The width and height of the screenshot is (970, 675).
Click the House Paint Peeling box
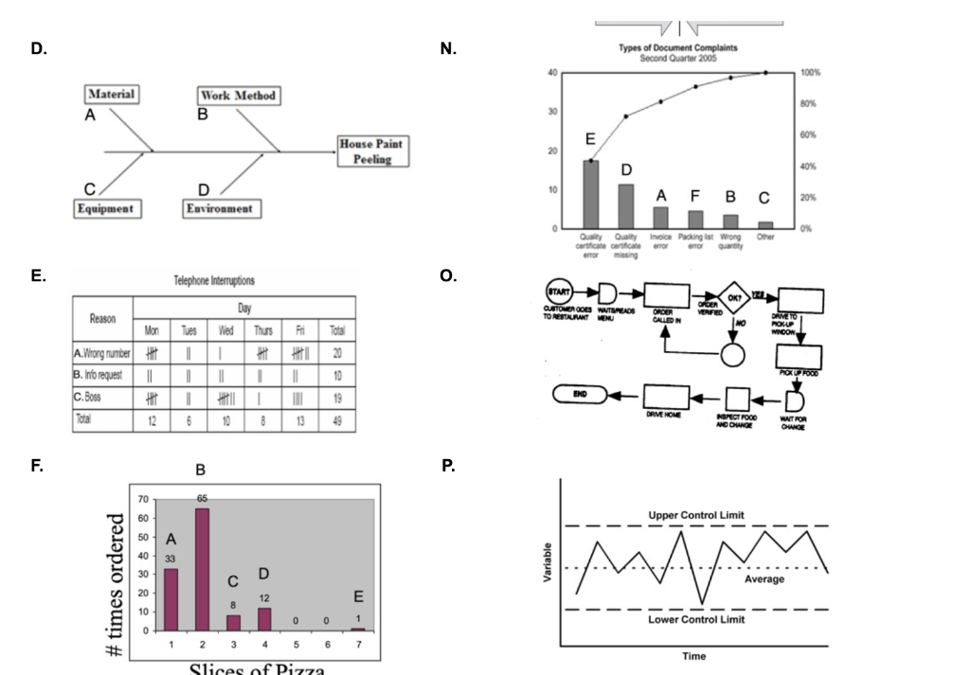pyautogui.click(x=378, y=151)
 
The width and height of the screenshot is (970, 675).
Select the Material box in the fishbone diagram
pyautogui.click(x=112, y=95)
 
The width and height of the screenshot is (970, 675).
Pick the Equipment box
pyautogui.click(x=106, y=208)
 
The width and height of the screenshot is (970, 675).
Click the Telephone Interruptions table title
pyautogui.click(x=215, y=281)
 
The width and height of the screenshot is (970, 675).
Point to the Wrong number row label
pyautogui.click(x=103, y=352)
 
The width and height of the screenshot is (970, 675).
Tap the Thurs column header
pyautogui.click(x=262, y=330)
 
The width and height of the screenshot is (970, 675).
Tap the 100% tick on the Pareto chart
pyautogui.click(x=810, y=73)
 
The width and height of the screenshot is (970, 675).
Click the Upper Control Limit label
pyautogui.click(x=696, y=514)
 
